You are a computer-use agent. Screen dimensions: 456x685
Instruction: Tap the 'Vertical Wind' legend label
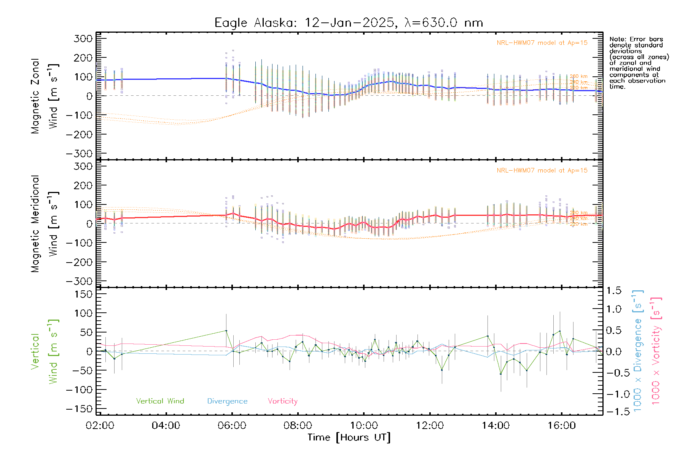pyautogui.click(x=160, y=401)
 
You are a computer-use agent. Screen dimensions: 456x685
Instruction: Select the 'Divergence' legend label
pyautogui.click(x=227, y=401)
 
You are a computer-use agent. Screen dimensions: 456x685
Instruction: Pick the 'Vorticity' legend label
pyautogui.click(x=282, y=401)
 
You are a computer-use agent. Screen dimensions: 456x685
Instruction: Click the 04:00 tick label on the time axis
pyautogui.click(x=166, y=425)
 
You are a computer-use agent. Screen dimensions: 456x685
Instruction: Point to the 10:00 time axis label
pyautogui.click(x=364, y=425)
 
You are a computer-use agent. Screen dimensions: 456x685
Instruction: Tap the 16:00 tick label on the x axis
pyautogui.click(x=562, y=425)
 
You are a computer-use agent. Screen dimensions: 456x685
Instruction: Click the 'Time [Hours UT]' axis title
pyautogui.click(x=349, y=437)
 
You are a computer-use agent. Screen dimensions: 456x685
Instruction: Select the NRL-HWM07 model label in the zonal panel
pyautogui.click(x=542, y=43)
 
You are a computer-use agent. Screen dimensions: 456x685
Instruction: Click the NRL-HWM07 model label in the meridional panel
pyautogui.click(x=542, y=171)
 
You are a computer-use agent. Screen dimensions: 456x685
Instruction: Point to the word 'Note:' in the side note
pyautogui.click(x=616, y=39)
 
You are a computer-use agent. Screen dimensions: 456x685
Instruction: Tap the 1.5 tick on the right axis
pyautogui.click(x=614, y=291)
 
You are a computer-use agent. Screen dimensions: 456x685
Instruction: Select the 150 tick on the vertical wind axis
pyautogui.click(x=83, y=294)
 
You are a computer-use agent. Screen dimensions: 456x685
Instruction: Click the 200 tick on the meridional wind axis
pyautogui.click(x=83, y=185)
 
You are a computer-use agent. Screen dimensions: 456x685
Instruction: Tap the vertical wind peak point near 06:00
pyautogui.click(x=226, y=331)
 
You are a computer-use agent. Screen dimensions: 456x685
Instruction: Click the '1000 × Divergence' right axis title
pyautogui.click(x=637, y=350)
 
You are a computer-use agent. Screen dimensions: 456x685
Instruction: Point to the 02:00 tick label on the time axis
pyautogui.click(x=100, y=425)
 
